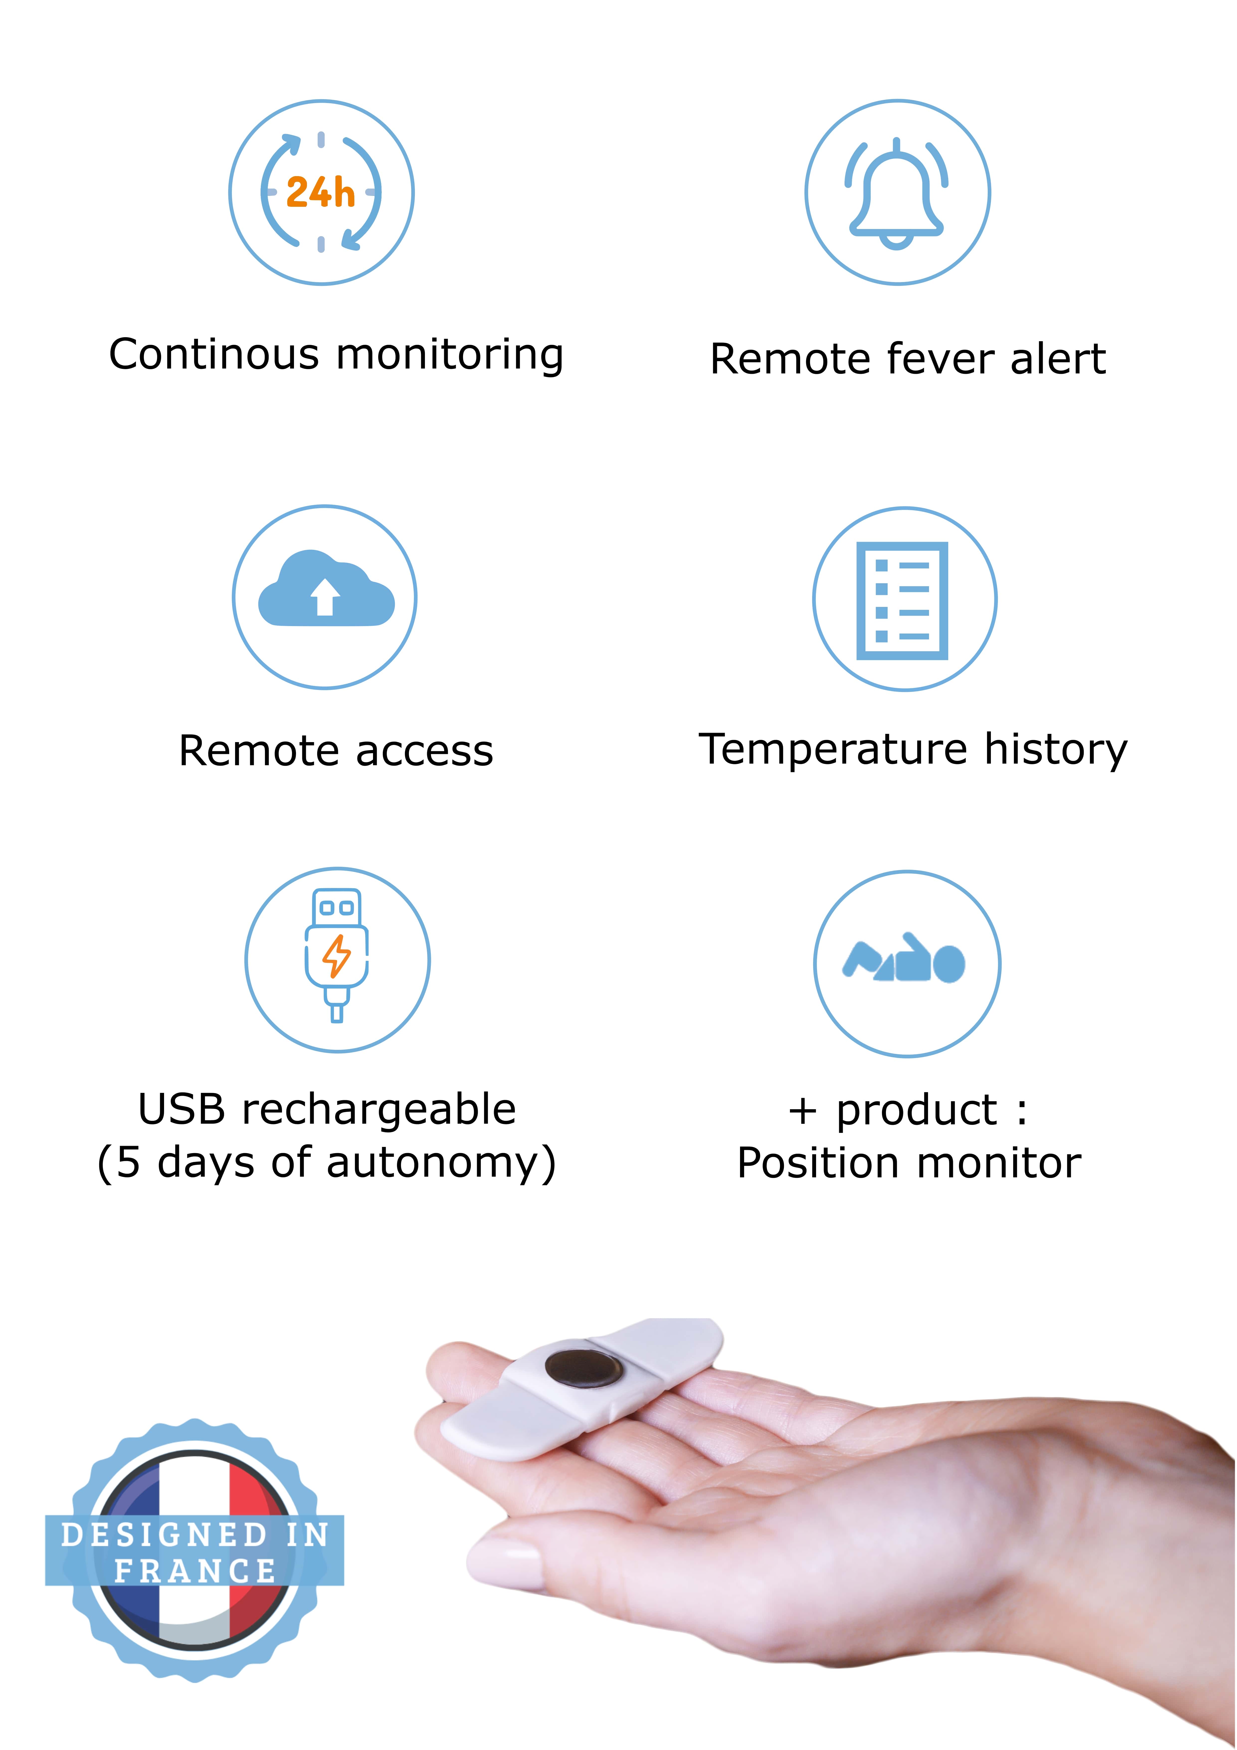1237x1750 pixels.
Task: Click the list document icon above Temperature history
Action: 902,601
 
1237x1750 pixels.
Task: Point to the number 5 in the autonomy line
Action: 128,1162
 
